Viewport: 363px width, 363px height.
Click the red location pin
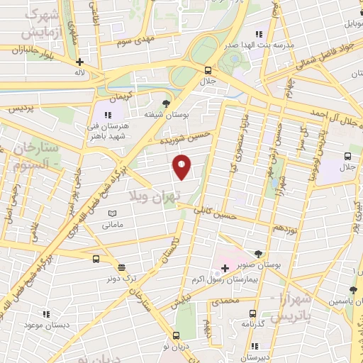pyautogui.click(x=182, y=167)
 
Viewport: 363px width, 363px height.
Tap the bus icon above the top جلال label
pyautogui.click(x=208, y=71)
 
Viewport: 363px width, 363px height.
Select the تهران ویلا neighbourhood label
pyautogui.click(x=155, y=193)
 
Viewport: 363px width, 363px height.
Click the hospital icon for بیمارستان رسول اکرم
pyautogui.click(x=225, y=268)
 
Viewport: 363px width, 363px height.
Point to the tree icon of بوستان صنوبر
pyautogui.click(x=258, y=253)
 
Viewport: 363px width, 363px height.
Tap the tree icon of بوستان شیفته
pyautogui.click(x=166, y=102)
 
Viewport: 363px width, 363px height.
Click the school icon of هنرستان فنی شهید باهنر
pyautogui.click(x=108, y=114)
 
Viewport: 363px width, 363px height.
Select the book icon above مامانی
pyautogui.click(x=111, y=213)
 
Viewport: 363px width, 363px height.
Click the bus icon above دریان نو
pyautogui.click(x=176, y=335)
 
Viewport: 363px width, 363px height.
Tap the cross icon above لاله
pyautogui.click(x=80, y=62)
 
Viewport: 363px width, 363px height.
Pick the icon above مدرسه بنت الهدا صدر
pyautogui.click(x=258, y=33)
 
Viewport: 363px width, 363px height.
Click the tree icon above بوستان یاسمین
pyautogui.click(x=354, y=289)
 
